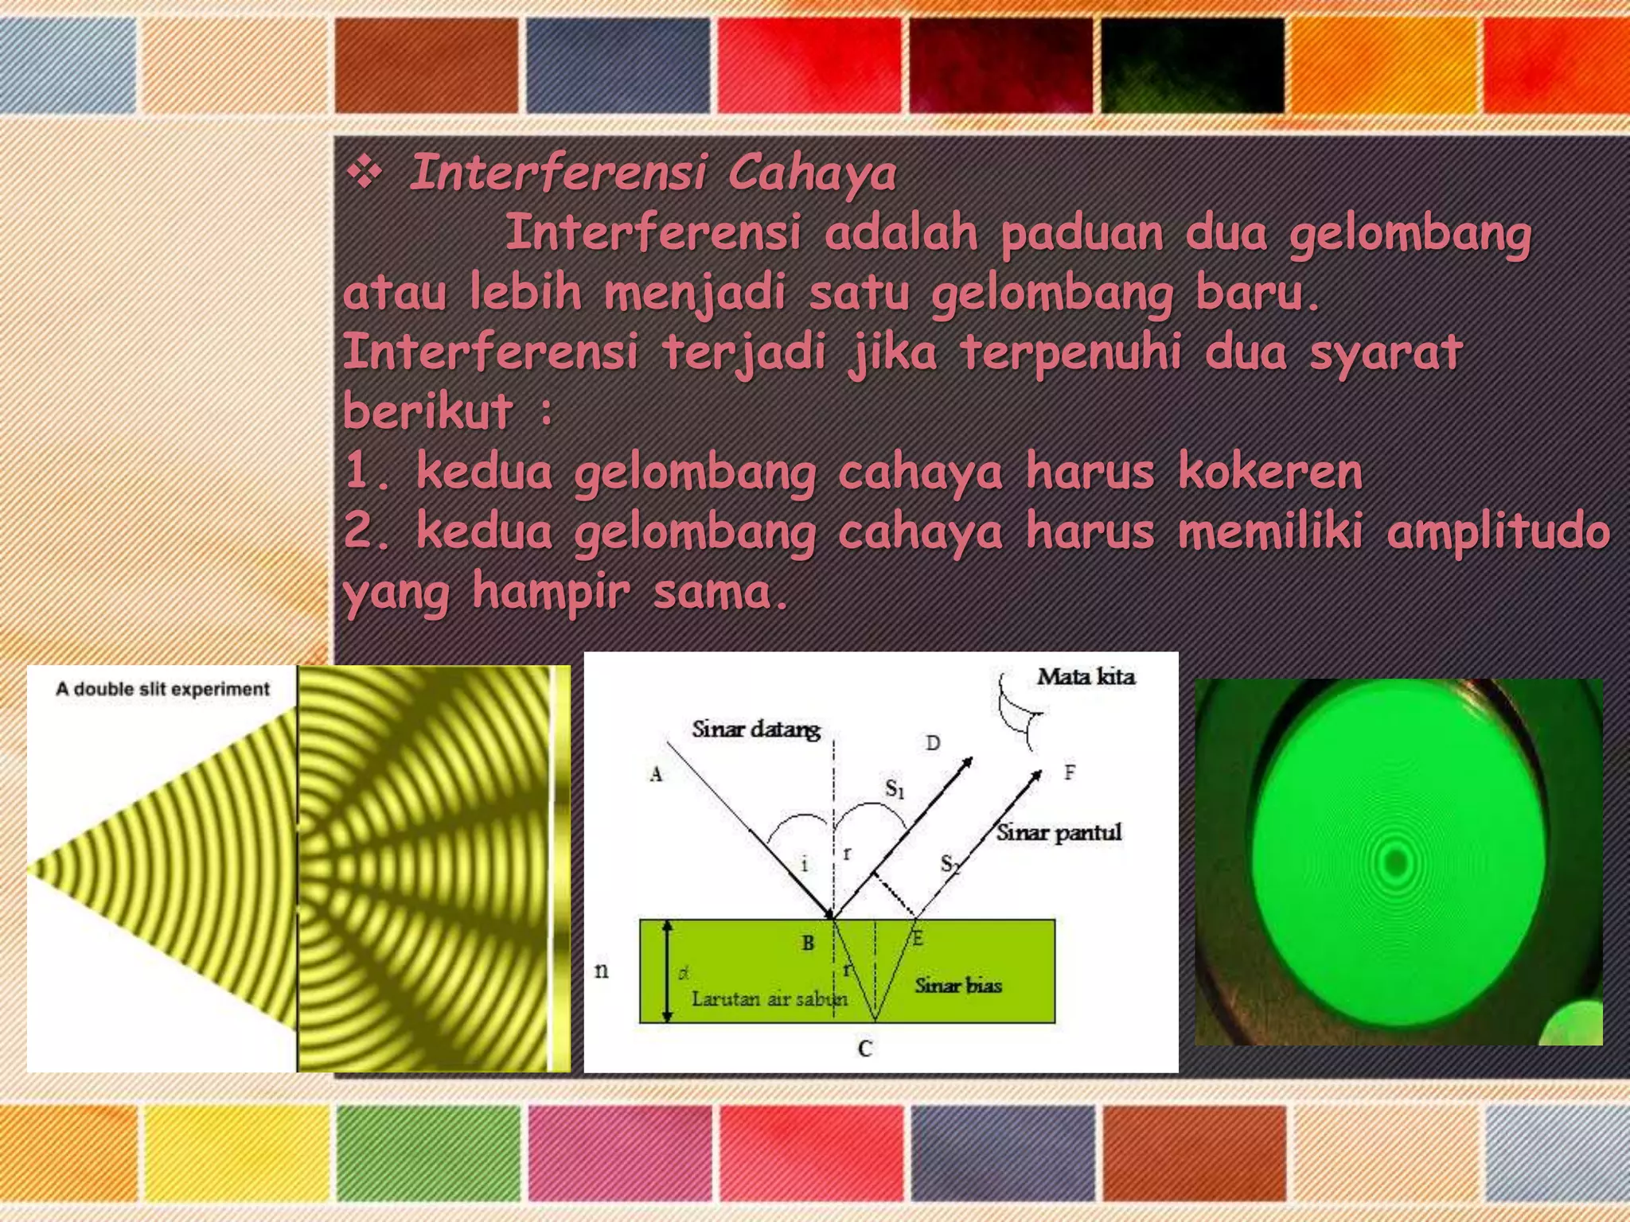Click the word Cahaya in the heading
(812, 174)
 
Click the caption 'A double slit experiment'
(163, 689)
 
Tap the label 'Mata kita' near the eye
(1086, 677)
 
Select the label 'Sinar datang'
(755, 730)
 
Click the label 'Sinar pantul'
(1059, 832)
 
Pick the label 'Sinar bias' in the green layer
(957, 986)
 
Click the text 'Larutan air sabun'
(768, 999)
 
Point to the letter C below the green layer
(865, 1049)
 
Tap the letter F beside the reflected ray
(1070, 772)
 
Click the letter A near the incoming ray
(656, 774)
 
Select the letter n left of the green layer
(602, 970)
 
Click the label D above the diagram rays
(933, 743)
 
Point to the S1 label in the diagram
(895, 789)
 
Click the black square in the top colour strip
(1192, 65)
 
